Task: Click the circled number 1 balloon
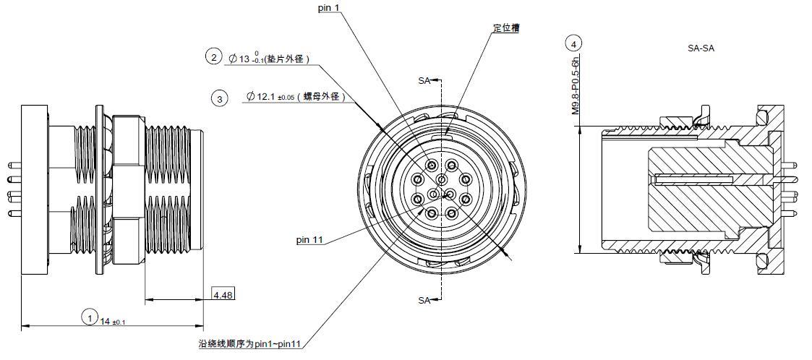tap(90, 317)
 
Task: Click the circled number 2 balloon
tap(213, 56)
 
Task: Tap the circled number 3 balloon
tap(220, 98)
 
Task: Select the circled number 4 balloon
tap(573, 44)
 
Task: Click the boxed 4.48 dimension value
tap(223, 295)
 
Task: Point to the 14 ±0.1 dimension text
tap(113, 322)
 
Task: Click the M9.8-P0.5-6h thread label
tap(576, 86)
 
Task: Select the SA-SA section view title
tap(701, 48)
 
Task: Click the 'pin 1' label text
tap(329, 8)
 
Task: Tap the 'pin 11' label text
tap(309, 240)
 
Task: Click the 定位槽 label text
tap(506, 28)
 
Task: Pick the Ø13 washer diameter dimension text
tap(269, 59)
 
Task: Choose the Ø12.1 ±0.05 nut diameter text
tap(295, 96)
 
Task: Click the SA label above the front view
tap(424, 81)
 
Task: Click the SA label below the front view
tap(424, 301)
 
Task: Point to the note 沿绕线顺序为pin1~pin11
tap(250, 344)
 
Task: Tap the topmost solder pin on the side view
tap(14, 166)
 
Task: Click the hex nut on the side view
tap(127, 191)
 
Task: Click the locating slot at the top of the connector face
tap(446, 137)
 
